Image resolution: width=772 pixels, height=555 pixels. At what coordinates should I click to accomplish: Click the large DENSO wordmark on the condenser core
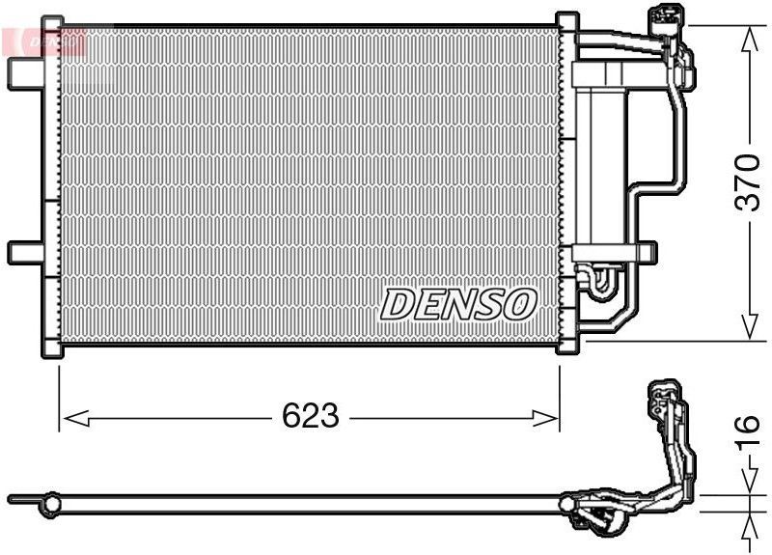coord(458,303)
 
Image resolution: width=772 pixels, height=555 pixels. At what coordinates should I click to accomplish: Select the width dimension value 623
coord(311,416)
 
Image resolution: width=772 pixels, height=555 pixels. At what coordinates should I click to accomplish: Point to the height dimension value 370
coord(749,183)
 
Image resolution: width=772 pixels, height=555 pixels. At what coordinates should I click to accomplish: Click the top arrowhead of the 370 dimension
coord(749,37)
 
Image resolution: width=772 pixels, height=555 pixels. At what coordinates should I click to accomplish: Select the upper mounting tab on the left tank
coord(24,70)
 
